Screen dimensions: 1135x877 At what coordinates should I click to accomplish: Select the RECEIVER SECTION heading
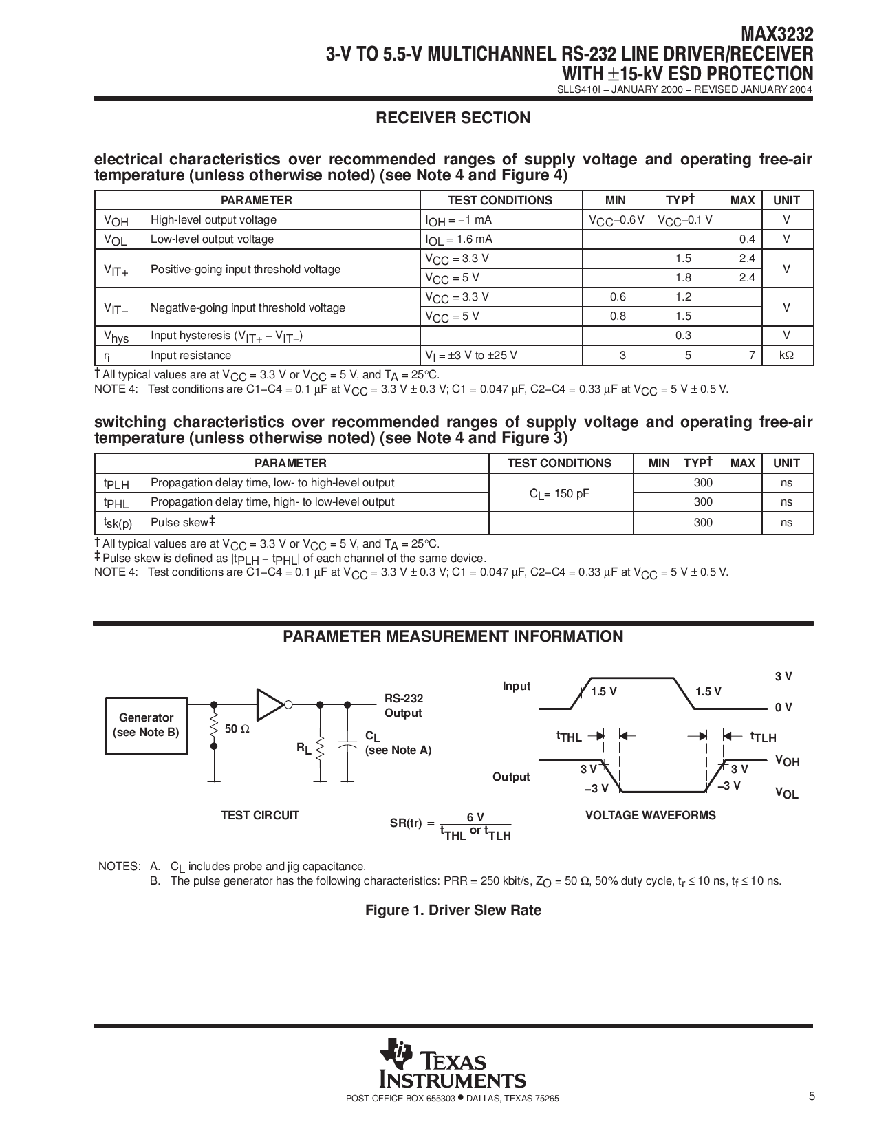(x=453, y=118)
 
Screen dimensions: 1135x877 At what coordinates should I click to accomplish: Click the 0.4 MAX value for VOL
(x=747, y=239)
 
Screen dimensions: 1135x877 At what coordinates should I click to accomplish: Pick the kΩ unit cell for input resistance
(x=787, y=356)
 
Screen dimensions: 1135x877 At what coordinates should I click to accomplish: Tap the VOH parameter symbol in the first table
(x=116, y=221)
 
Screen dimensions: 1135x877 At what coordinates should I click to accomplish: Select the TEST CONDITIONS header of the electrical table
(x=499, y=200)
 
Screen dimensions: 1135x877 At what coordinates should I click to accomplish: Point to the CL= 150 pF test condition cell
(x=559, y=493)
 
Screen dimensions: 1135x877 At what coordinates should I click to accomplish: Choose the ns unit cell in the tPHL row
(x=787, y=502)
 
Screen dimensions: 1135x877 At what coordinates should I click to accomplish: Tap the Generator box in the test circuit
(x=146, y=725)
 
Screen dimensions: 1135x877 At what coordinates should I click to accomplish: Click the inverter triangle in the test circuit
(x=270, y=704)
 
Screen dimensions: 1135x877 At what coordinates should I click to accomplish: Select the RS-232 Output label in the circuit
(x=403, y=705)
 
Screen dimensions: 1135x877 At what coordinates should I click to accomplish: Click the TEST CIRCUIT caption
(x=259, y=815)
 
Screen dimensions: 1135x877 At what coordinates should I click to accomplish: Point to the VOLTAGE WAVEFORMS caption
(x=650, y=815)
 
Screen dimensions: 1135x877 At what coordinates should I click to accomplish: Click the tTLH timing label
(x=763, y=737)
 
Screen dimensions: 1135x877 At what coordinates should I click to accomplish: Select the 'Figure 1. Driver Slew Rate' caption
(x=453, y=910)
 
